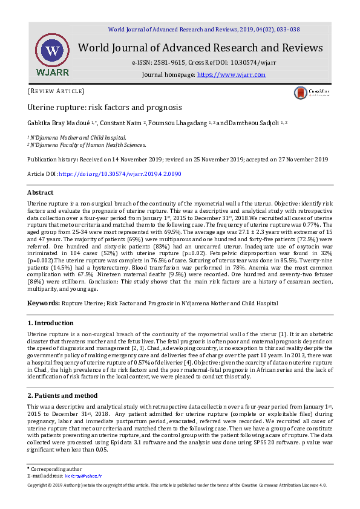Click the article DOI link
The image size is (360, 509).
(x=120, y=174)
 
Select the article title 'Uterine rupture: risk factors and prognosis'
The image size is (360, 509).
(x=105, y=107)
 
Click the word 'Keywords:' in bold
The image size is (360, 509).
(x=43, y=302)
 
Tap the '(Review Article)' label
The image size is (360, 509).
(x=56, y=91)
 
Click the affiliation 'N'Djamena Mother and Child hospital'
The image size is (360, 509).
(x=79, y=138)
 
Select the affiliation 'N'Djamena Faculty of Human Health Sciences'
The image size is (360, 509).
(x=88, y=145)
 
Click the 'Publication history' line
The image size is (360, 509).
(x=178, y=160)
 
